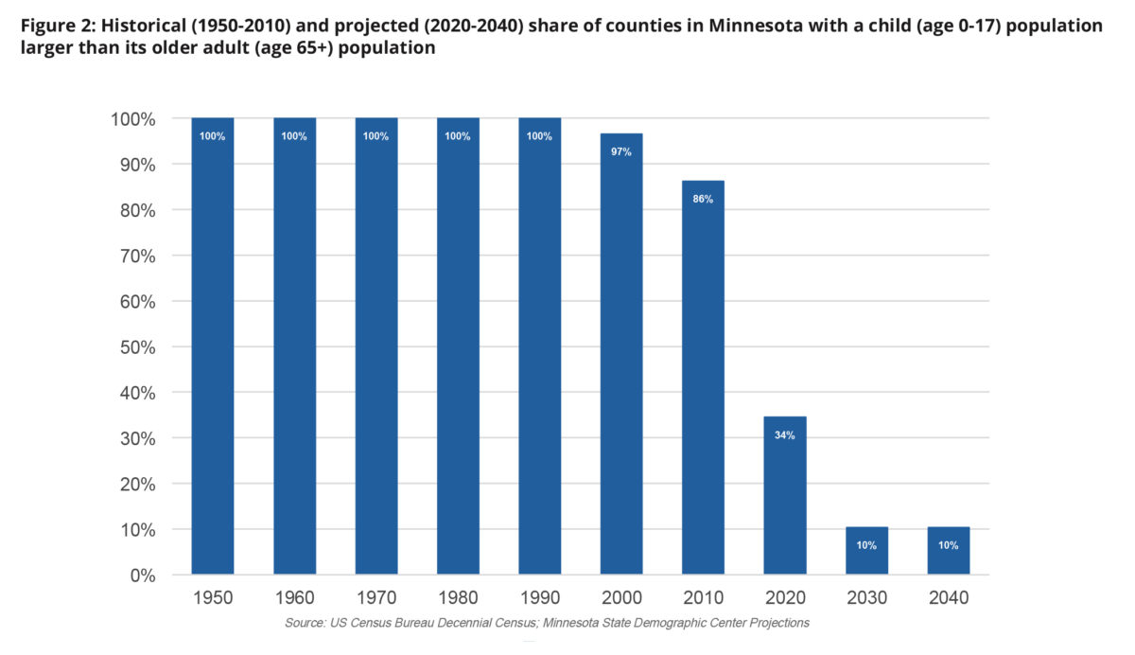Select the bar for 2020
click(x=785, y=495)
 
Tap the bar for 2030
click(x=866, y=550)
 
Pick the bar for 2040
click(x=948, y=550)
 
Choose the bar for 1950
click(x=213, y=345)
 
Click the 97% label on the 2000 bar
click(x=621, y=151)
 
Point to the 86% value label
click(x=703, y=199)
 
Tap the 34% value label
click(x=785, y=435)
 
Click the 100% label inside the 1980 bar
click(x=458, y=136)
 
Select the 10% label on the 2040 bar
click(x=948, y=545)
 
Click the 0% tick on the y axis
click(x=140, y=575)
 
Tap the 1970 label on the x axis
click(x=375, y=598)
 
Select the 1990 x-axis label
click(x=539, y=598)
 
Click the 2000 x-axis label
click(x=621, y=598)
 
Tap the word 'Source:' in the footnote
click(x=306, y=623)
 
